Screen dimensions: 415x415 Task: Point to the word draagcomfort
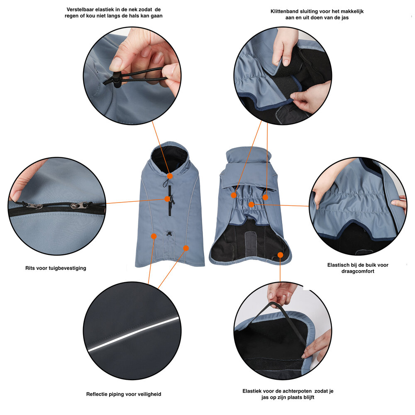click(x=358, y=271)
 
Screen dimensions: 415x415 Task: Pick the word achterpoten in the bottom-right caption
click(x=292, y=391)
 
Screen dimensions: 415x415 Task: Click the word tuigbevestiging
click(x=67, y=268)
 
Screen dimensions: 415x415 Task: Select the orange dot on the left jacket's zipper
click(x=168, y=199)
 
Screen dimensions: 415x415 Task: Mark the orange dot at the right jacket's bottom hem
click(x=281, y=255)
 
